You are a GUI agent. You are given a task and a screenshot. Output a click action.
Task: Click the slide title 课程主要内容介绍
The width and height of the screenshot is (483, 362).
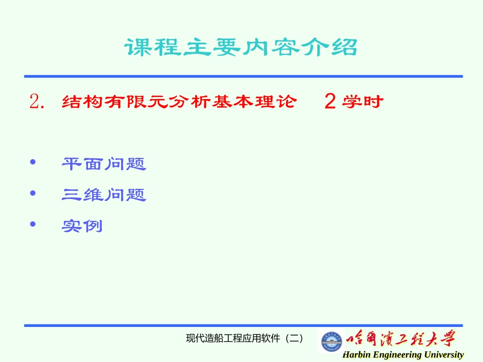click(241, 48)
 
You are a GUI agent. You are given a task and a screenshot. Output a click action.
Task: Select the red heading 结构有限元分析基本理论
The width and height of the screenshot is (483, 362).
click(178, 102)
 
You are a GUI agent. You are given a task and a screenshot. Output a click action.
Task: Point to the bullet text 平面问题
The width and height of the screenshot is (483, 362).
click(104, 164)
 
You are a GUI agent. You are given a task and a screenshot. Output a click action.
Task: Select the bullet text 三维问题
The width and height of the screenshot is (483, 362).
click(104, 194)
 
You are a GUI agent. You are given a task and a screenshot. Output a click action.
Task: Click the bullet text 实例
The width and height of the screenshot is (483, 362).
click(82, 225)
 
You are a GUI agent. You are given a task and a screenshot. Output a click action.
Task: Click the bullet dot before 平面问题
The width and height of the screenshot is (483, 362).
click(34, 162)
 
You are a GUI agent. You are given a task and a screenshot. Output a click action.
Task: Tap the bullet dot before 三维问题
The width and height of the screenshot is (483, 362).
click(34, 193)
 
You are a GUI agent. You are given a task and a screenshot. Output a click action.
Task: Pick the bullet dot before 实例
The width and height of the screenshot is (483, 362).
click(34, 224)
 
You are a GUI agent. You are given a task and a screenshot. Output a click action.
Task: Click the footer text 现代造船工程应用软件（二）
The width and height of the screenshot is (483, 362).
click(244, 338)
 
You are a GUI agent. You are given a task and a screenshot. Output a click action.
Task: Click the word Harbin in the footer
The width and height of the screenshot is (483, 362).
click(356, 355)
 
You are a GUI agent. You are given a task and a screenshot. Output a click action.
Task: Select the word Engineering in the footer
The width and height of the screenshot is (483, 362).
click(398, 355)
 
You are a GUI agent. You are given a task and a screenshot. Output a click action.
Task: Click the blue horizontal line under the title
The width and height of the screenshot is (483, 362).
click(244, 76)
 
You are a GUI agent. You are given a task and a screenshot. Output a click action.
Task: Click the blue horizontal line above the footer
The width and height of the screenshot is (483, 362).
click(244, 325)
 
